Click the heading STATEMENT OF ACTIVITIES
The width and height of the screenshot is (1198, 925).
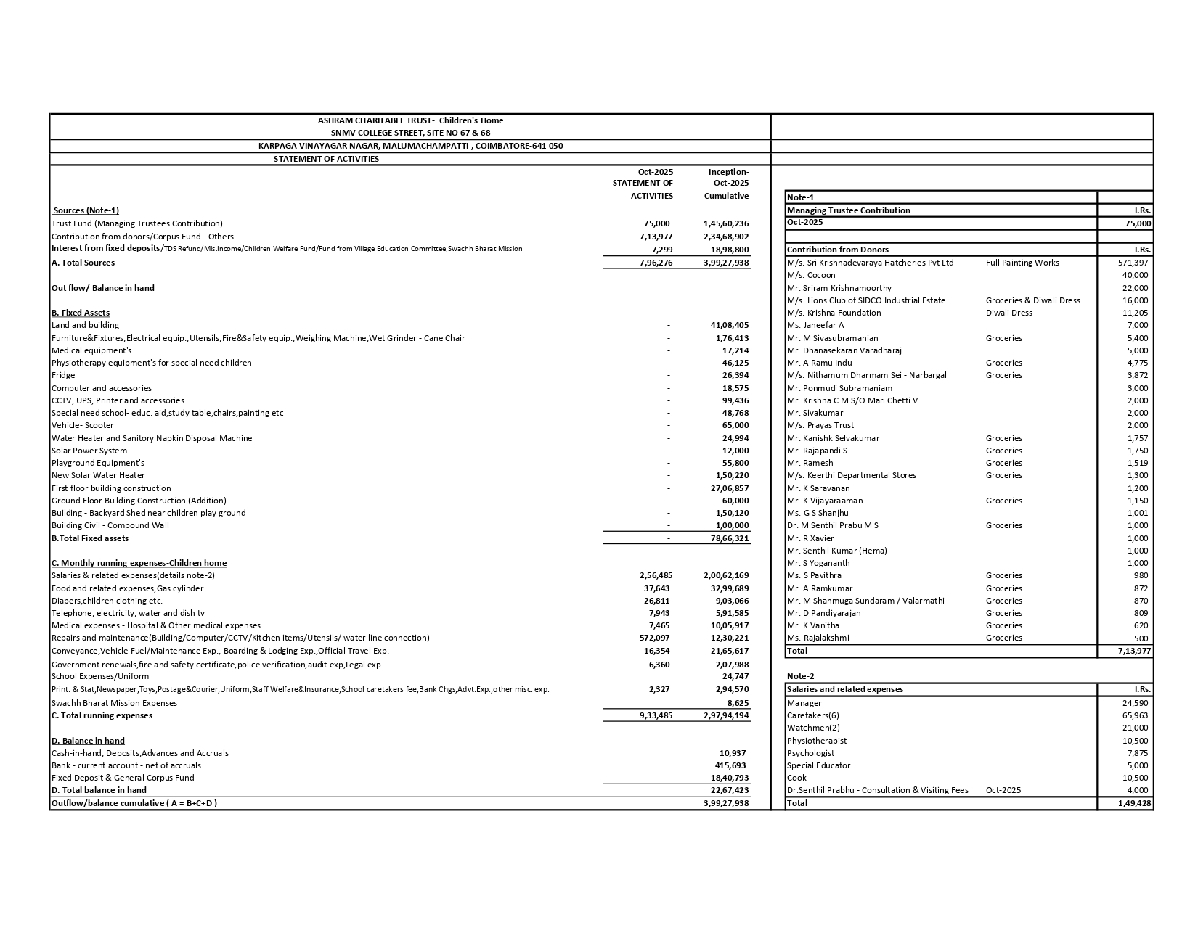[326, 159]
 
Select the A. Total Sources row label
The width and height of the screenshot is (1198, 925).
[83, 263]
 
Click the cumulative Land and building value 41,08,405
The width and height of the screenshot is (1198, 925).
[729, 325]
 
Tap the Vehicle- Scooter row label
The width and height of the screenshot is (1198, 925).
[83, 425]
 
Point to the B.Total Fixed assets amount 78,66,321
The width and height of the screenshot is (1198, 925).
[729, 538]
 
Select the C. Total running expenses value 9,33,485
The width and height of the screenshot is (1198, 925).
[656, 715]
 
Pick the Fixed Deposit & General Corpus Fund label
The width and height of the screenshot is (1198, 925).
[123, 778]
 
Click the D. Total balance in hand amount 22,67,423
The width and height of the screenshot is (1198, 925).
[729, 790]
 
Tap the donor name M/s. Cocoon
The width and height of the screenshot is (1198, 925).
[811, 275]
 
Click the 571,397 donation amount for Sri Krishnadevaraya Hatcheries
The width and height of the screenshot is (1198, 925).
[1133, 263]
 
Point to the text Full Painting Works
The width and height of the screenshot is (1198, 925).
[1022, 263]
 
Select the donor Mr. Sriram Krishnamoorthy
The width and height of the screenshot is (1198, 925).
[839, 288]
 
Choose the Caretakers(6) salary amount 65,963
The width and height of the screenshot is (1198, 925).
[1135, 715]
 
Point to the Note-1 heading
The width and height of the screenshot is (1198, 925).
[800, 197]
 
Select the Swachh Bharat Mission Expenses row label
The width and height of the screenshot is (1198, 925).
[114, 703]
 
